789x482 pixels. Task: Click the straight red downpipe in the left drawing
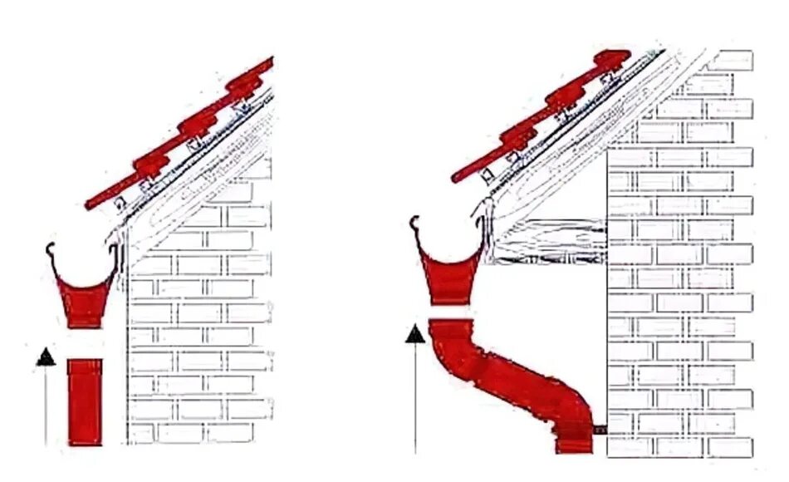(x=85, y=401)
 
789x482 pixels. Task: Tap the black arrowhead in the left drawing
(x=47, y=357)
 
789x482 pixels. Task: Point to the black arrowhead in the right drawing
(x=414, y=334)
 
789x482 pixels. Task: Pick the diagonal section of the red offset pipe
(x=515, y=378)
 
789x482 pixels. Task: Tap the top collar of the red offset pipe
(x=450, y=327)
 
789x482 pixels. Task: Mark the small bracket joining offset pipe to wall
(x=600, y=429)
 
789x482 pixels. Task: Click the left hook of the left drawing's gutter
(x=52, y=250)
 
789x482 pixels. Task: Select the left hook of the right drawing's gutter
(x=415, y=224)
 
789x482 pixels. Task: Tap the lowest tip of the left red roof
(x=90, y=204)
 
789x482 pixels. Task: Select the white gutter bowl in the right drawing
(x=448, y=237)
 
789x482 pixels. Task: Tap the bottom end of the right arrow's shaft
(x=414, y=451)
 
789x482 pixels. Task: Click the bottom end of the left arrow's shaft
(x=47, y=442)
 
